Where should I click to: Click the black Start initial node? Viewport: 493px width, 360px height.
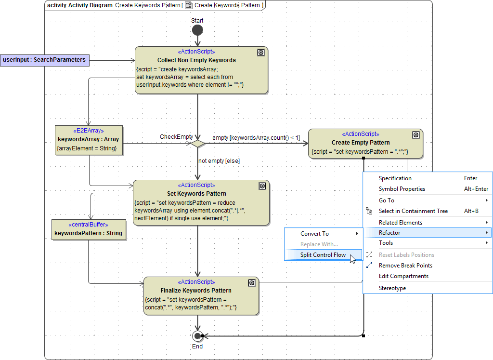(197, 30)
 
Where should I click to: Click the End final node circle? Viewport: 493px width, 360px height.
(197, 336)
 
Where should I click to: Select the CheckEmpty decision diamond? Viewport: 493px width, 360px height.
(197, 143)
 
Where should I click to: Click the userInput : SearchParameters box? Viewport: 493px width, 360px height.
(44, 60)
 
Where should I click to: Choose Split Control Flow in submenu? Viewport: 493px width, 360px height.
(323, 255)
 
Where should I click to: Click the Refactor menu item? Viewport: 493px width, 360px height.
(389, 233)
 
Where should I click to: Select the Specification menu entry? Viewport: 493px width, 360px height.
(395, 178)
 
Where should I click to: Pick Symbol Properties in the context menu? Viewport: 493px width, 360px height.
(402, 189)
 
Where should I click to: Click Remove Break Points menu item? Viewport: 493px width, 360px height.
(405, 266)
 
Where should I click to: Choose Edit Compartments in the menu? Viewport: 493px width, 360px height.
(403, 276)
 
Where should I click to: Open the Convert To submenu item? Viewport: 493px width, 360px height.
(314, 234)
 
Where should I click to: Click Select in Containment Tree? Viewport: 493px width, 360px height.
(413, 211)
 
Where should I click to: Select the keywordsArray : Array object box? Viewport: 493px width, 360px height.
(89, 140)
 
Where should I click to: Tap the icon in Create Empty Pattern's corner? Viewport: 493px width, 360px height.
(416, 135)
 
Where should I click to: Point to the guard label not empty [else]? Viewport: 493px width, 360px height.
(219, 161)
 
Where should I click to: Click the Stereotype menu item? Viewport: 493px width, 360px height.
(392, 288)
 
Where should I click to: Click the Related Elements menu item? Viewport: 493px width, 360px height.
(400, 223)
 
